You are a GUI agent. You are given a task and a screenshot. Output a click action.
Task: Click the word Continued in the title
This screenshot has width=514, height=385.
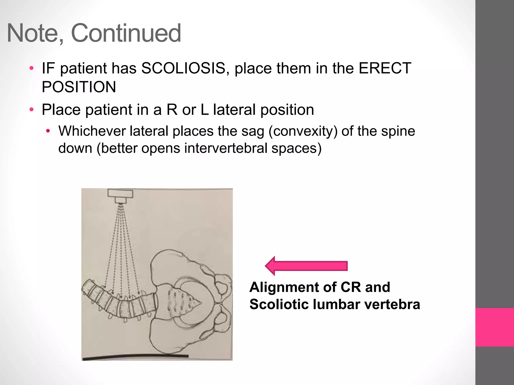click(126, 33)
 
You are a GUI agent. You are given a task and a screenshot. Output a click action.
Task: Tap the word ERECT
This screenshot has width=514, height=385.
click(384, 68)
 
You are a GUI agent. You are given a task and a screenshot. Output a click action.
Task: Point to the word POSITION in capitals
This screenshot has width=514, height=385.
click(79, 87)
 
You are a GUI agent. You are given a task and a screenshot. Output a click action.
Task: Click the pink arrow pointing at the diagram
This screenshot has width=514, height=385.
click(306, 266)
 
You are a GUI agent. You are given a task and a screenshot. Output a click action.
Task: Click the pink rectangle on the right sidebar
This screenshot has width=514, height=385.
click(494, 327)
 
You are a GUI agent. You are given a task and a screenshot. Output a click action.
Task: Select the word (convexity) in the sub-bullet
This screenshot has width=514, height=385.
click(303, 131)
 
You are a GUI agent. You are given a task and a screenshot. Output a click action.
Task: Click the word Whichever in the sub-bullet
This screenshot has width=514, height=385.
click(92, 131)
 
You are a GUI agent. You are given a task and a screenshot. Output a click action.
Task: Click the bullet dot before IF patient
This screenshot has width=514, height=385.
click(31, 68)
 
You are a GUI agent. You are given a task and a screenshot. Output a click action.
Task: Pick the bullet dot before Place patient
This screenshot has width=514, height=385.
click(31, 110)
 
